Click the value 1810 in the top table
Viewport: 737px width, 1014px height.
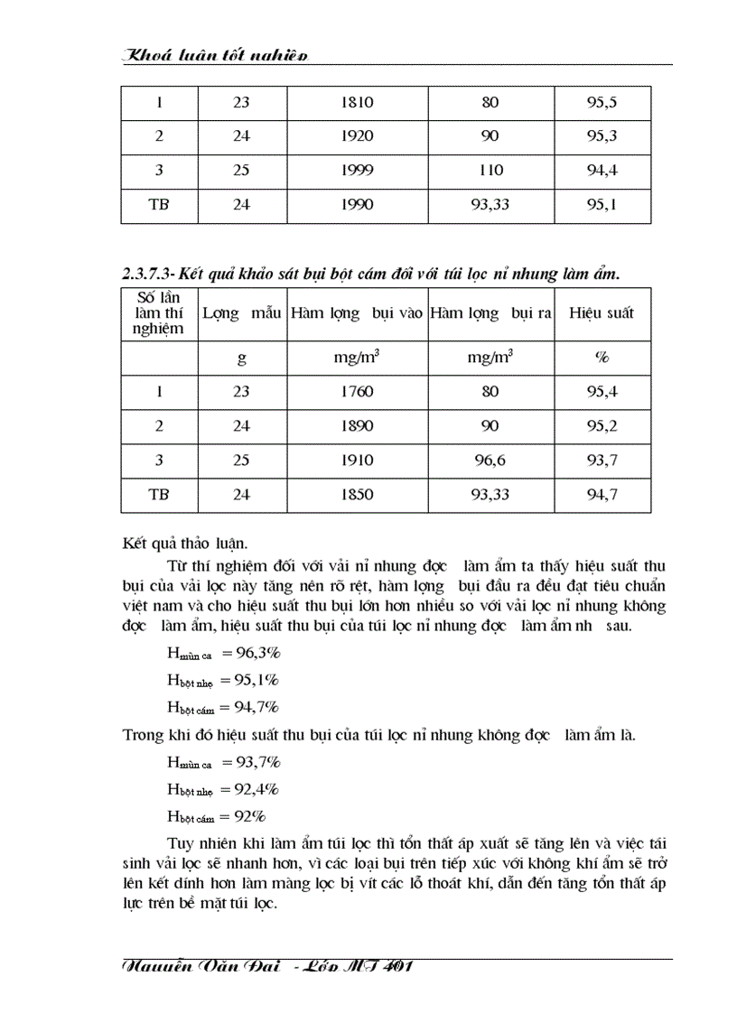(x=357, y=102)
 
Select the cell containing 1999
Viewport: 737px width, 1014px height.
(x=357, y=170)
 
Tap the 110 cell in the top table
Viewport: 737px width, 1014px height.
(x=490, y=170)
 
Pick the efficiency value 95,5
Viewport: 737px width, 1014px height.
(x=602, y=102)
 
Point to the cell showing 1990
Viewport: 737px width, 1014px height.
(x=357, y=204)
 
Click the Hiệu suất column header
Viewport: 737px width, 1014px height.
(x=602, y=313)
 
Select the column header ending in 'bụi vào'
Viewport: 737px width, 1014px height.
(x=357, y=313)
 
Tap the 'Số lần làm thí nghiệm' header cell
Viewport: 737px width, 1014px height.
(x=160, y=313)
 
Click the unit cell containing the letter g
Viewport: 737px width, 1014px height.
(x=241, y=357)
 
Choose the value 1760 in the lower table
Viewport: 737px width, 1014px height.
(x=357, y=392)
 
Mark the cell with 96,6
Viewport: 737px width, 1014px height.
(x=490, y=460)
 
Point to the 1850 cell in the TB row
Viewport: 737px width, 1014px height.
(x=357, y=494)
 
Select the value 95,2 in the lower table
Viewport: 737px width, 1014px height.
(x=602, y=425)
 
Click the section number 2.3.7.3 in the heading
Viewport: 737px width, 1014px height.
(x=148, y=273)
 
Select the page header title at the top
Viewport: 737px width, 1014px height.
(x=215, y=56)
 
